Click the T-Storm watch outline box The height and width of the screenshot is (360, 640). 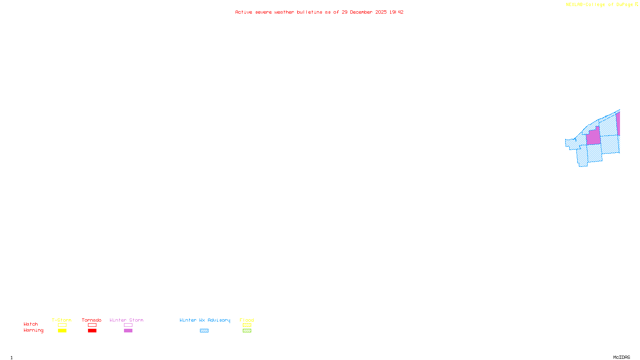tap(62, 325)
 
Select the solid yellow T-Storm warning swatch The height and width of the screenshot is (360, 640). tap(62, 331)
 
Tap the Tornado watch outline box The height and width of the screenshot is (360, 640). tap(92, 325)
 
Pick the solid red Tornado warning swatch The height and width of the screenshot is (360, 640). tap(92, 331)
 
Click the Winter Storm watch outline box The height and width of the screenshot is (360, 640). tap(128, 325)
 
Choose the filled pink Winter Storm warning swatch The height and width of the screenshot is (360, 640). tap(128, 331)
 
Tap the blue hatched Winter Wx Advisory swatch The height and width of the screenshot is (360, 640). tap(204, 331)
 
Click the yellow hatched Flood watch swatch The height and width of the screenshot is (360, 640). tap(247, 325)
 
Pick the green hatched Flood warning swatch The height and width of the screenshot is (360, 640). tap(247, 331)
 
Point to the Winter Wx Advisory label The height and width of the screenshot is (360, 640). tap(205, 320)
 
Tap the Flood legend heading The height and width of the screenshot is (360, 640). tap(247, 320)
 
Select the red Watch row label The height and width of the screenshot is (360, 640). tap(31, 324)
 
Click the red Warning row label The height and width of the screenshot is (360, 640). tap(34, 330)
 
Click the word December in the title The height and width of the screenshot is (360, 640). tap(361, 12)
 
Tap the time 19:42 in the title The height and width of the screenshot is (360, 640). tap(396, 12)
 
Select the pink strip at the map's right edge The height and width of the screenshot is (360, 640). tap(618, 123)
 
